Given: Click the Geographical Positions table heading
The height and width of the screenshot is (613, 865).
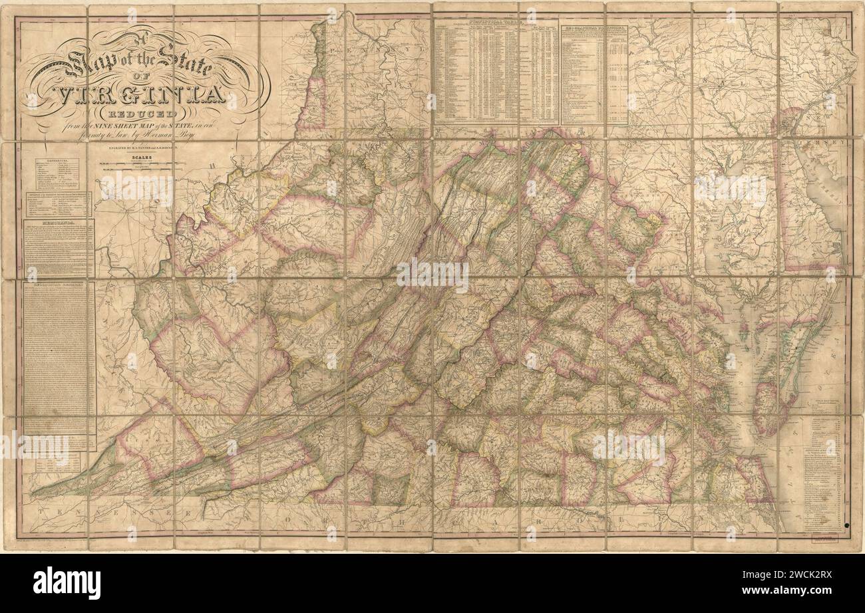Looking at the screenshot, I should coord(594,29).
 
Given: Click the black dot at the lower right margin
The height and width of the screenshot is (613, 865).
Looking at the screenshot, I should coord(846,525).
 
